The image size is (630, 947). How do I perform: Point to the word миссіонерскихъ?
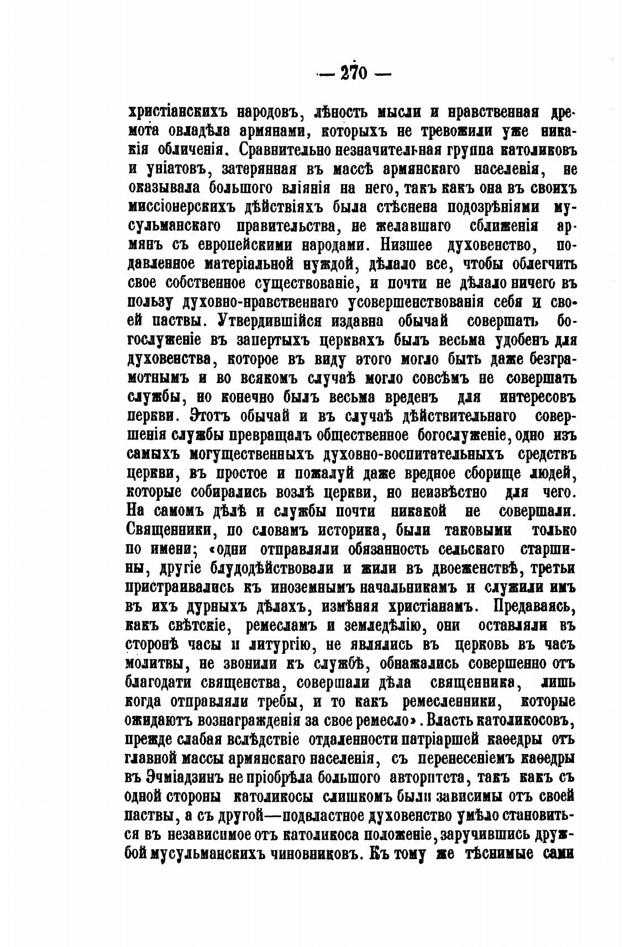click(x=182, y=207)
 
